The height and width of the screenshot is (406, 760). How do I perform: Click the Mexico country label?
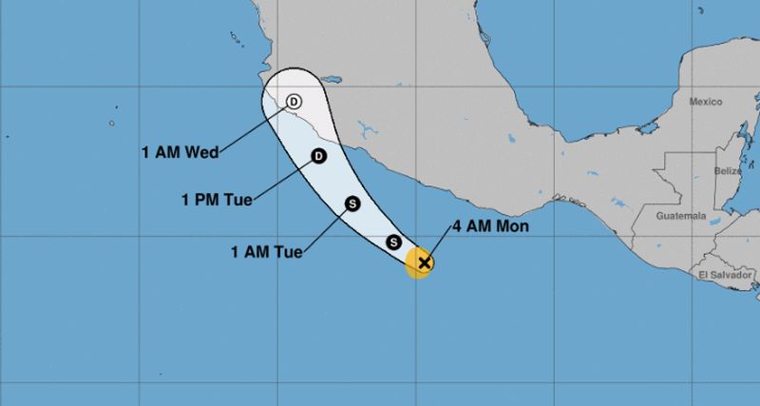pyautogui.click(x=706, y=102)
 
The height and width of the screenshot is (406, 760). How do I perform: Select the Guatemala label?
pyautogui.click(x=681, y=217)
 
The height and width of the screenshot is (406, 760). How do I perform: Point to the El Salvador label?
pyautogui.click(x=724, y=275)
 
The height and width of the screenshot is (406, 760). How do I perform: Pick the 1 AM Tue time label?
pyautogui.click(x=266, y=252)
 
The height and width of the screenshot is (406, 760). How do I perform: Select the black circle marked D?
pyautogui.click(x=319, y=156)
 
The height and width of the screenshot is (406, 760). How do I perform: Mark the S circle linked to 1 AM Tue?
pyautogui.click(x=352, y=203)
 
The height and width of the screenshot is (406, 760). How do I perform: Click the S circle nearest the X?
pyautogui.click(x=394, y=242)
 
